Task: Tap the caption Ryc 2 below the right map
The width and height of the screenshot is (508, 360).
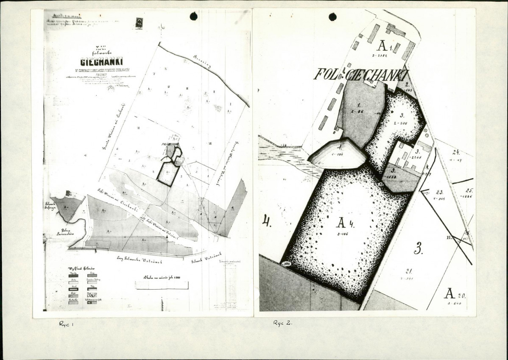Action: [x=283, y=323]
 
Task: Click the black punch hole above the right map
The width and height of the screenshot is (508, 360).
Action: [x=333, y=17]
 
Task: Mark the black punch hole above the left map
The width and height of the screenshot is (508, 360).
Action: [x=194, y=17]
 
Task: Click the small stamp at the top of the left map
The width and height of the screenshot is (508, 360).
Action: [x=139, y=23]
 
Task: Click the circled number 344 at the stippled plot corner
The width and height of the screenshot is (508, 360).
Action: [x=287, y=263]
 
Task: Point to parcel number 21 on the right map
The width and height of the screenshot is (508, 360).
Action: [x=409, y=272]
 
